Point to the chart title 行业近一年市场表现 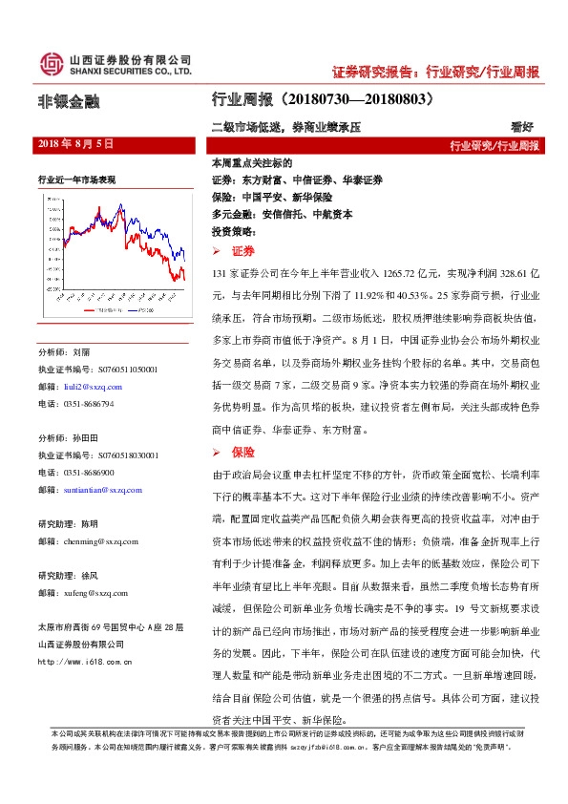click(x=77, y=179)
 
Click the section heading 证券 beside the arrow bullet click(x=242, y=251)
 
